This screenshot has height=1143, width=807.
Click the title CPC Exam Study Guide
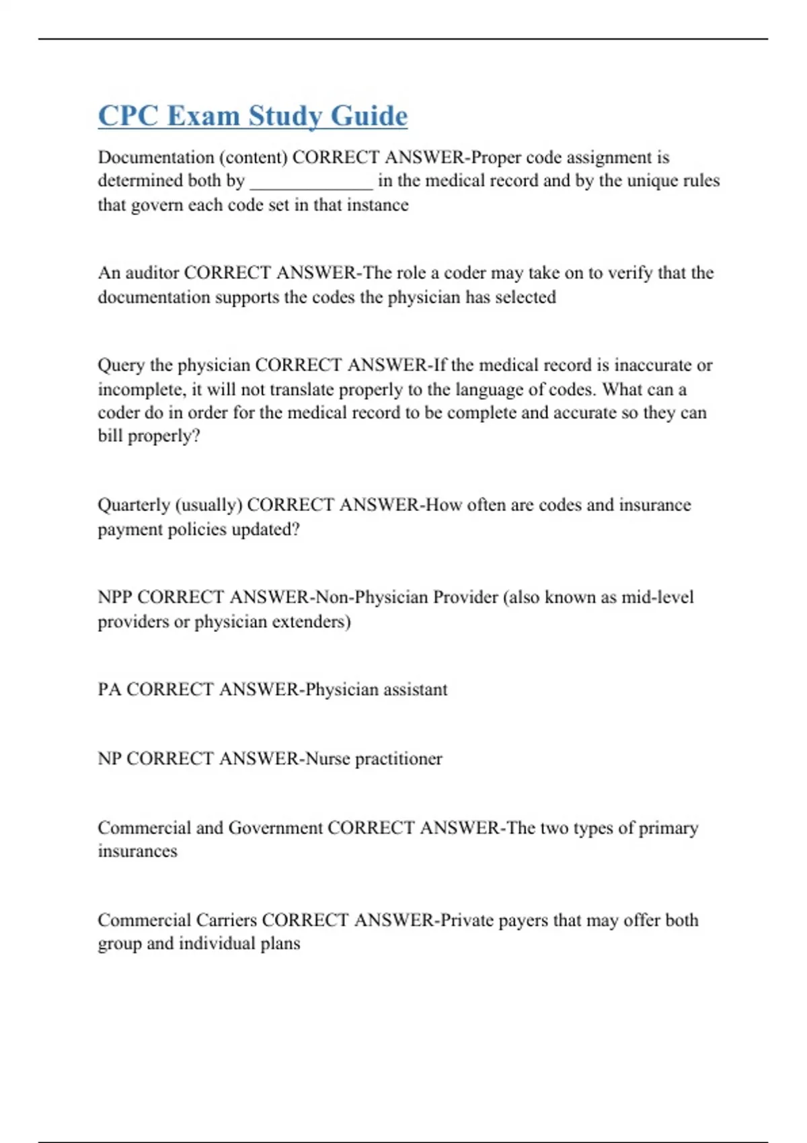click(253, 116)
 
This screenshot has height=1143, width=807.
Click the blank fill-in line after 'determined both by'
click(311, 182)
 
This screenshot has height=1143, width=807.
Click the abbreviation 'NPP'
click(114, 597)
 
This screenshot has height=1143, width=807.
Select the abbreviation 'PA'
click(109, 690)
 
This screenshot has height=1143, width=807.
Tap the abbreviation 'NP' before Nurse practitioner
click(110, 759)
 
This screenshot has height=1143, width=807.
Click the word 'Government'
click(276, 828)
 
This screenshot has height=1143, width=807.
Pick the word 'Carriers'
click(226, 920)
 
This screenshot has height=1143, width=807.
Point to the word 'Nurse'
click(328, 759)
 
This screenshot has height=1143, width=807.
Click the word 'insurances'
click(137, 851)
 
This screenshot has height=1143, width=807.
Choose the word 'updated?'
click(266, 530)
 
